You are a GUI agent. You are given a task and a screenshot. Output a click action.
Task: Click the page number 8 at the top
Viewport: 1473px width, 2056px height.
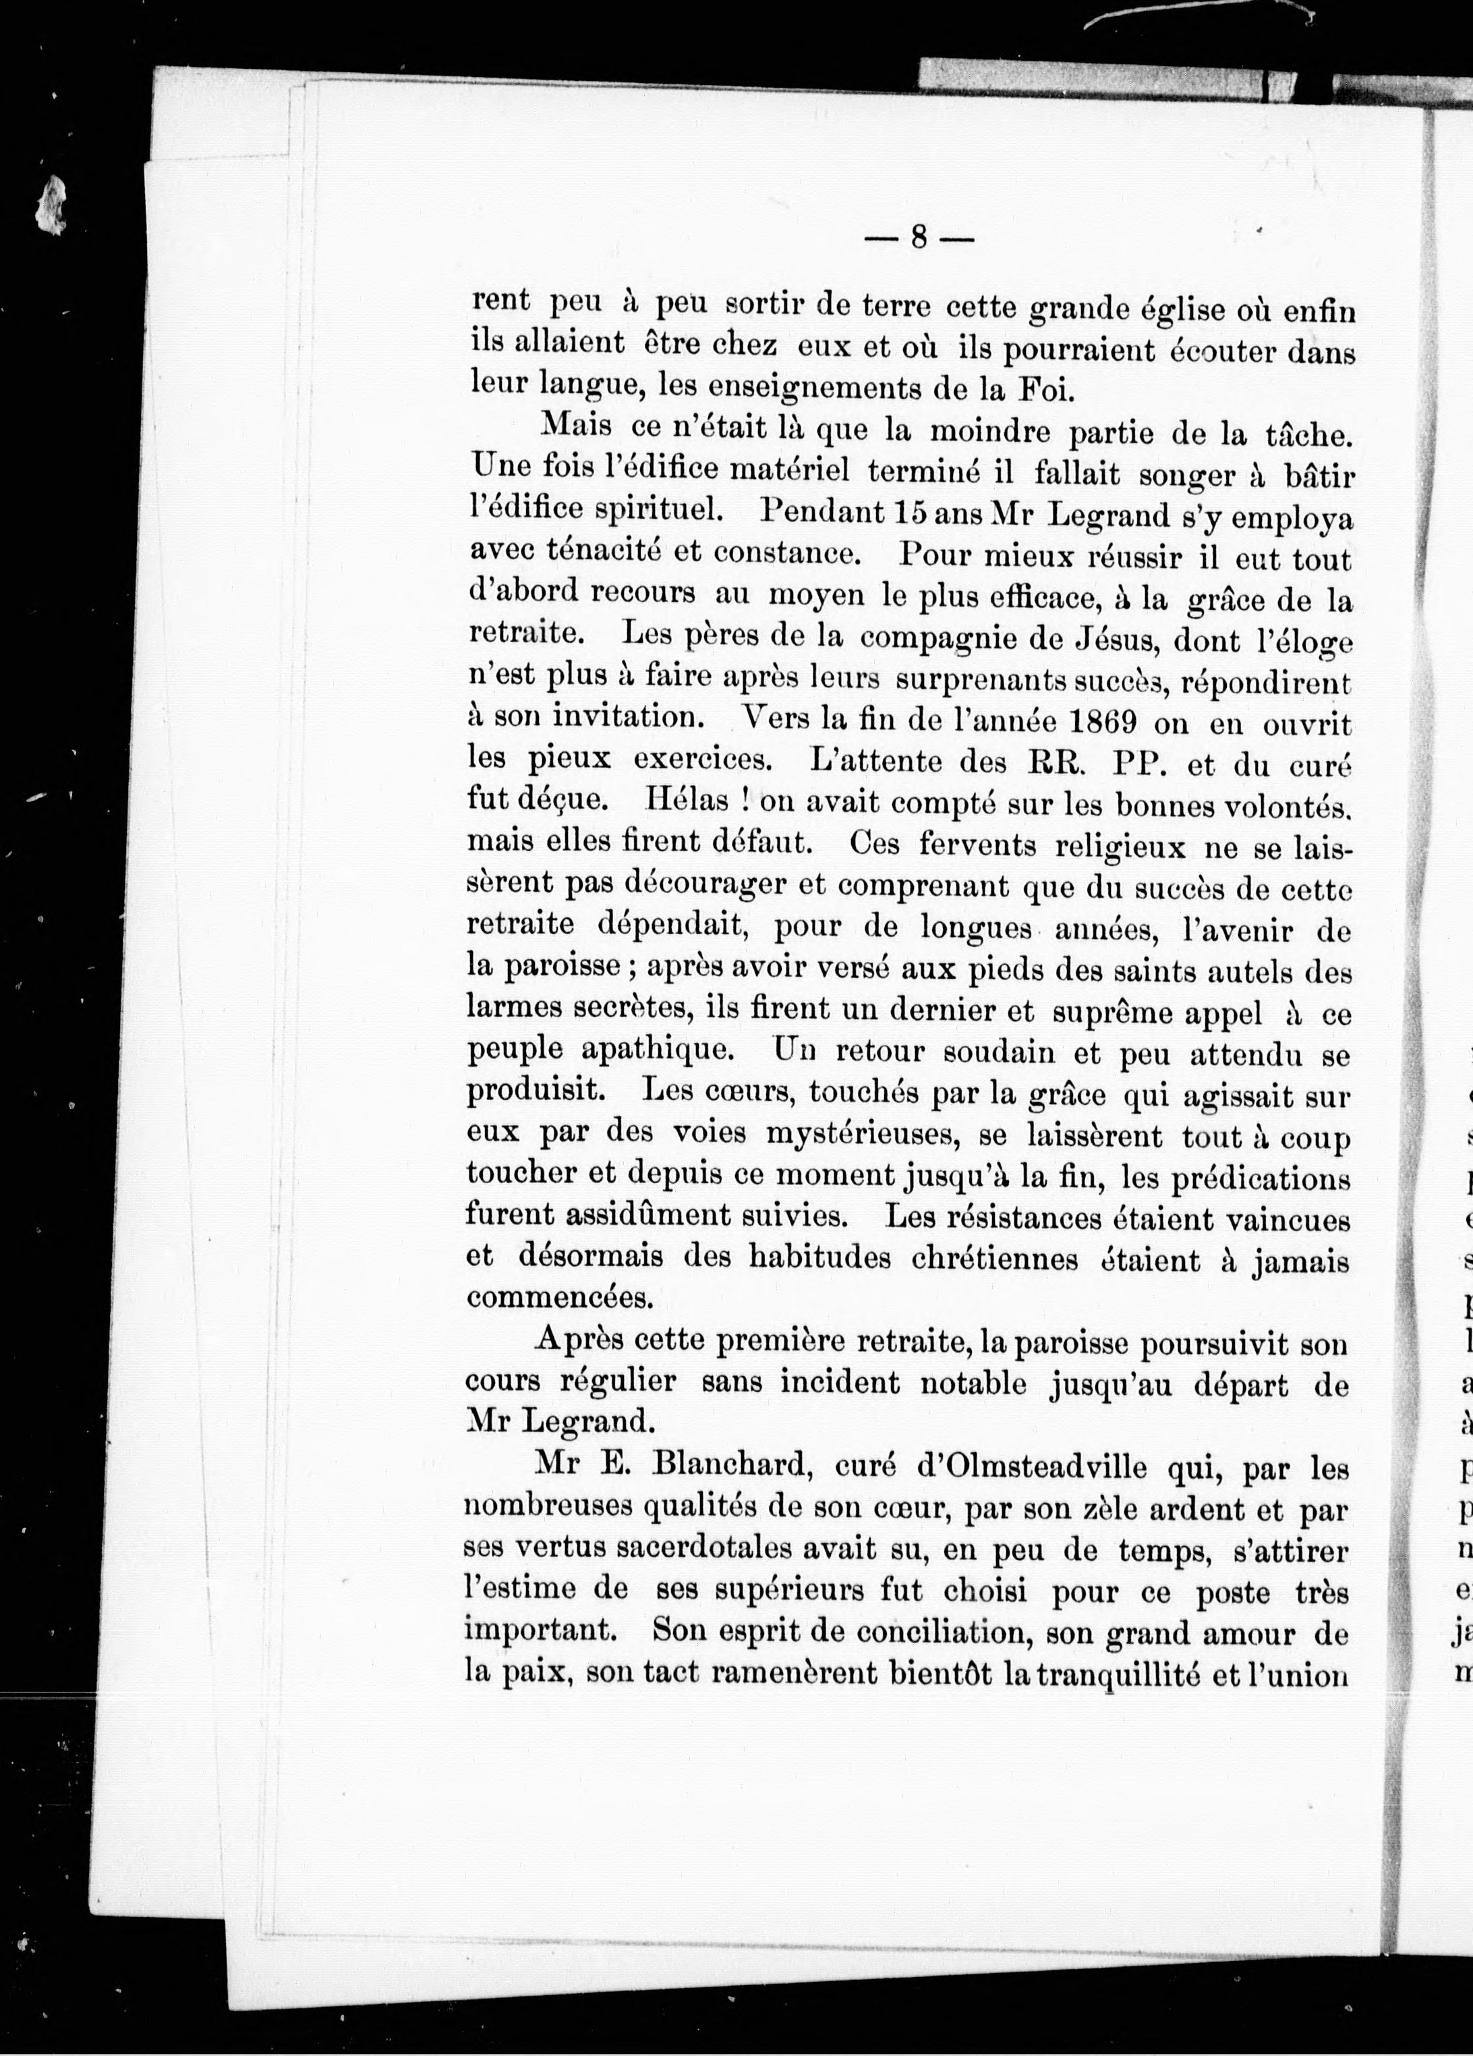pos(918,237)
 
